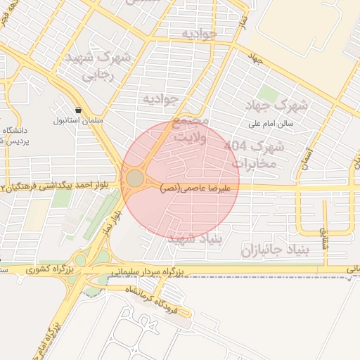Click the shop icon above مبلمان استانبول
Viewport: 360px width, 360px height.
(77, 110)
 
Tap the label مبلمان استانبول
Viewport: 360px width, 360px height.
(78, 120)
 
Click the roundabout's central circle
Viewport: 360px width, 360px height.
(134, 179)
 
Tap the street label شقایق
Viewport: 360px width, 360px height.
(324, 239)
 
